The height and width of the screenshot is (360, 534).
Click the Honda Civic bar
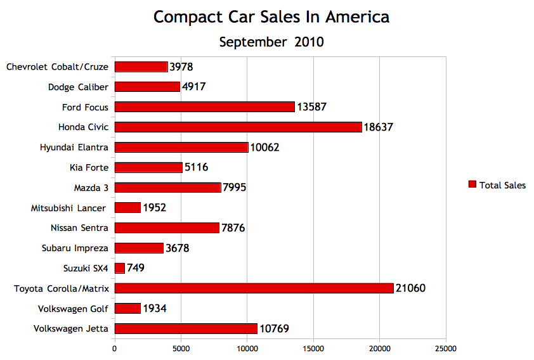pyautogui.click(x=238, y=127)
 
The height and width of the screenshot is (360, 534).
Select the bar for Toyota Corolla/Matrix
pyautogui.click(x=254, y=288)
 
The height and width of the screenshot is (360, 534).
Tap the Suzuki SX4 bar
pyautogui.click(x=120, y=268)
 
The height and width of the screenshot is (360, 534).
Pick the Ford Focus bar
pyautogui.click(x=204, y=107)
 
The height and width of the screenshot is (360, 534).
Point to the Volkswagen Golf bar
pyautogui.click(x=127, y=309)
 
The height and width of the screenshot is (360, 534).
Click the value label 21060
pyautogui.click(x=410, y=288)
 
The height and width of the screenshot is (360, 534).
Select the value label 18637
pyautogui.click(x=378, y=127)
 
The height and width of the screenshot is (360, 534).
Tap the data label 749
pyautogui.click(x=136, y=268)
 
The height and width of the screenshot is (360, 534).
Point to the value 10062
pyautogui.click(x=264, y=148)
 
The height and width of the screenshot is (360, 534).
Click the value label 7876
pyautogui.click(x=233, y=228)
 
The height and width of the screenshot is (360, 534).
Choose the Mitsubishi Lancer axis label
pyautogui.click(x=68, y=208)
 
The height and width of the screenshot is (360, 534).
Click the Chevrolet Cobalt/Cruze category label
pyautogui.click(x=57, y=67)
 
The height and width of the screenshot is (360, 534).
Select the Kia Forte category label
pyautogui.click(x=89, y=167)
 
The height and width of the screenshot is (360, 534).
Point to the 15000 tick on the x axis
pyautogui.click(x=313, y=348)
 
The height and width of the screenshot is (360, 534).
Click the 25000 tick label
pyautogui.click(x=445, y=348)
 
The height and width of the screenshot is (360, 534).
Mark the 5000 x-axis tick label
pyautogui.click(x=181, y=348)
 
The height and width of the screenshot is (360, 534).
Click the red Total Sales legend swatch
pyautogui.click(x=472, y=184)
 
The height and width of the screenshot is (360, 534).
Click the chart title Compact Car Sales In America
pyautogui.click(x=271, y=16)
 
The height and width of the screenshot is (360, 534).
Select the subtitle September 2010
pyautogui.click(x=271, y=42)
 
